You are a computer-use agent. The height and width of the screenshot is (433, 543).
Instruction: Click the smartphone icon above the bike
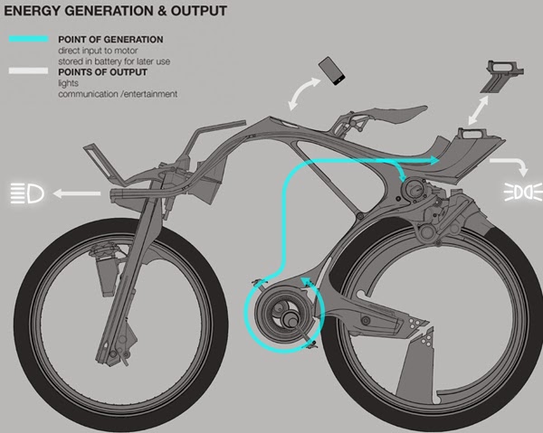pos(332,71)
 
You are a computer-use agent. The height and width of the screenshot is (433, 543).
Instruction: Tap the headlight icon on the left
pos(27,193)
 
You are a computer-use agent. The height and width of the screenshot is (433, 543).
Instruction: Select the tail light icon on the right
pos(523,192)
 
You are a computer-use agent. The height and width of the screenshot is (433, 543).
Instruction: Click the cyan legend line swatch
pos(29,39)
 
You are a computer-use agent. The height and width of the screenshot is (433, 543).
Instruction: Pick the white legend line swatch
pos(28,71)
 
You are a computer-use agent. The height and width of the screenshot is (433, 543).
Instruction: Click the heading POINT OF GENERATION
pos(110,40)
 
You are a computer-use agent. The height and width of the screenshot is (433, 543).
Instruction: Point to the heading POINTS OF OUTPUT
pos(102,72)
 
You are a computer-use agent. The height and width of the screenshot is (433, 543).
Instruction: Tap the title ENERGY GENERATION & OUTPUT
pos(115,11)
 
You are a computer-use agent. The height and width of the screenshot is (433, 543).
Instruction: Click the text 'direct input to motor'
pos(98,51)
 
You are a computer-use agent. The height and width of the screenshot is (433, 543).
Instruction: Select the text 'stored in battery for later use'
pos(114,61)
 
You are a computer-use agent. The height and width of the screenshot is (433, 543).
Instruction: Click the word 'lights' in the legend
pos(68,83)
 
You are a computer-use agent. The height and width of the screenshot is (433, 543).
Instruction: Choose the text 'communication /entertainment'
pos(118,94)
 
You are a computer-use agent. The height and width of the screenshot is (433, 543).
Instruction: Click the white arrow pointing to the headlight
pos(77,193)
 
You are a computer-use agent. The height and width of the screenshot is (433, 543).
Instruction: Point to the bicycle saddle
pos(398,115)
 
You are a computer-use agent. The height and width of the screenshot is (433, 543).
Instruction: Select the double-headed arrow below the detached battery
pos(478,110)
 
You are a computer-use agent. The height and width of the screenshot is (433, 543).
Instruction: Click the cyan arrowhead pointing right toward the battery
pos(433,161)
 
